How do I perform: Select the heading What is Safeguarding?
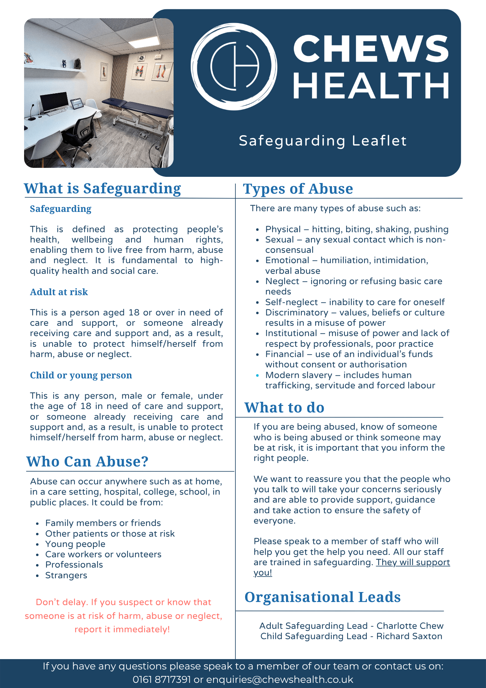coord(102,189)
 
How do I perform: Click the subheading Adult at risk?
coord(59,292)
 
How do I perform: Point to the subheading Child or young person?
coord(81,375)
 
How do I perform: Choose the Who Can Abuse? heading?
coord(87,462)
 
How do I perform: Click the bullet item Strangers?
coord(66,576)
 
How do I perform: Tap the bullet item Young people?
coord(75,544)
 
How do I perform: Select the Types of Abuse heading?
coord(298,189)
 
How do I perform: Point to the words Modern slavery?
coord(299,375)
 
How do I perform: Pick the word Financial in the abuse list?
coord(285,354)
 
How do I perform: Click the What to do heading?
coord(284,408)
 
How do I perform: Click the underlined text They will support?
coord(413,562)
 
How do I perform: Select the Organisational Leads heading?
coord(322,598)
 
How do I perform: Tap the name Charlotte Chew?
coord(410,626)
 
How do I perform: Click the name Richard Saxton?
coord(409,636)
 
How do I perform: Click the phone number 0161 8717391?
coord(162,680)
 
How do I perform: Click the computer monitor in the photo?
coord(54,101)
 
